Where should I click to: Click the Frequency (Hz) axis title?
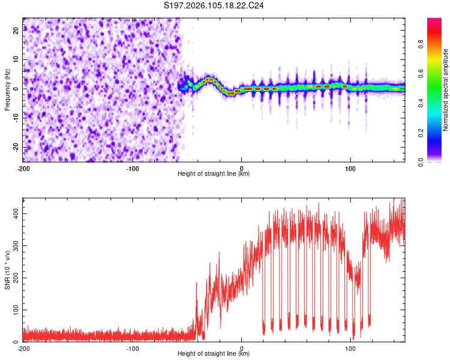point(7,89)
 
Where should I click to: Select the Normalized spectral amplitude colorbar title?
point(446,90)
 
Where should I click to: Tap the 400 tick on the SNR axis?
point(14,214)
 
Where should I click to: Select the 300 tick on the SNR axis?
point(14,246)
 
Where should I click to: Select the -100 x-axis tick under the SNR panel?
point(133,348)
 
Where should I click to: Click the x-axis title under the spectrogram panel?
point(214,174)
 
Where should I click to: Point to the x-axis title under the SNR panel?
point(214,354)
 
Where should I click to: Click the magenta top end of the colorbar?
point(434,21)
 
